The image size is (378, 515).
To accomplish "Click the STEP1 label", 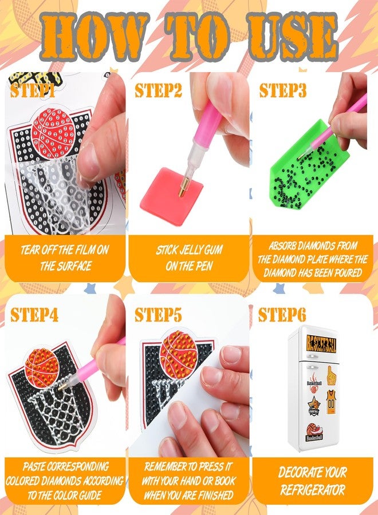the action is coord(32,90).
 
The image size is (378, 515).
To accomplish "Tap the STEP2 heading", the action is coord(158,90).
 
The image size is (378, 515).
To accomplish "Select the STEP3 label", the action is coord(282,90).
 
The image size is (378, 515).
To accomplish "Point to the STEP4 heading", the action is coord(34,314).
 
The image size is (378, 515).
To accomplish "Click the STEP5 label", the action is coord(158,314).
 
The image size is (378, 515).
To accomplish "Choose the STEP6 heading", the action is coord(282,314).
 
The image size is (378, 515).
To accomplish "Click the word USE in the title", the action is coord(293,35).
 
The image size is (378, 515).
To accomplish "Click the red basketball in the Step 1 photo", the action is coord(54,132).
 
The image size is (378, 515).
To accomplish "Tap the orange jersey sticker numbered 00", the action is coord(331,402).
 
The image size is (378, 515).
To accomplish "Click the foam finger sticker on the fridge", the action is coord(331,375).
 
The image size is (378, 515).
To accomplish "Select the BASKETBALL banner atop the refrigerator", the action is coord(321,344).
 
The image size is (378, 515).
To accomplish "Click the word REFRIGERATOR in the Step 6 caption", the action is coord(313,490).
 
